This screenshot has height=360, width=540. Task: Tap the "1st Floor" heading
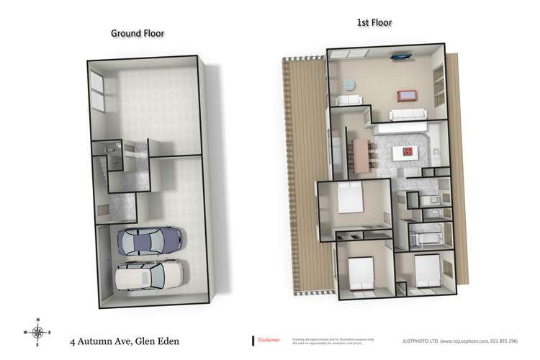tap(374, 23)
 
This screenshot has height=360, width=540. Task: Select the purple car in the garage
tap(150, 240)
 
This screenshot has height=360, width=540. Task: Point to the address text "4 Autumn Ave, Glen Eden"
tap(124, 341)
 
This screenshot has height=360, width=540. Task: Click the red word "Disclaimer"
tap(269, 339)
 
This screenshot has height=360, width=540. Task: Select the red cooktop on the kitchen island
tap(408, 153)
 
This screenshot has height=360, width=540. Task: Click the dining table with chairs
tap(360, 154)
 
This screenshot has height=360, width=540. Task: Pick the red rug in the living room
tap(408, 96)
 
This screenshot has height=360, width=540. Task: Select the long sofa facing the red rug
tap(408, 114)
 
